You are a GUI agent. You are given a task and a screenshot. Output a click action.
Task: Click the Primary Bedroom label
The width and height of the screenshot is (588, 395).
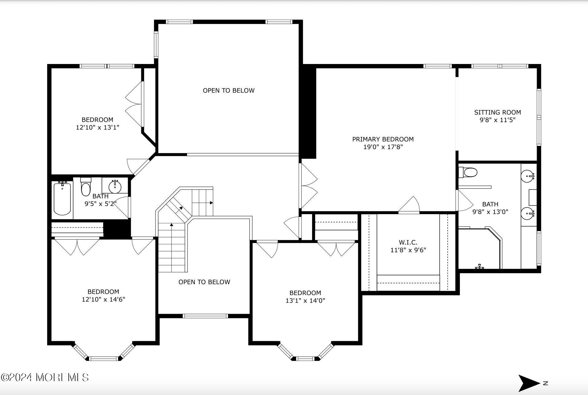[x=383, y=139]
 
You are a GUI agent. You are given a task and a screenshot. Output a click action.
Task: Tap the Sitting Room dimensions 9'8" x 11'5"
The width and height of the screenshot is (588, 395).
[x=497, y=120]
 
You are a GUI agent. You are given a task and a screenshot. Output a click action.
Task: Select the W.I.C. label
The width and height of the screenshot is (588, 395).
[x=408, y=242]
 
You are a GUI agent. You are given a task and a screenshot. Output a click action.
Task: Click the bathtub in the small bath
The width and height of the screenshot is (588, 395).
[x=62, y=198]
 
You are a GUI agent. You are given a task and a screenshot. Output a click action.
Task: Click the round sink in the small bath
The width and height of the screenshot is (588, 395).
[x=115, y=186]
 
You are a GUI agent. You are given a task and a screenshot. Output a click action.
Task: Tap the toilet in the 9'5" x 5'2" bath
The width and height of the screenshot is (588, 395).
[x=86, y=188]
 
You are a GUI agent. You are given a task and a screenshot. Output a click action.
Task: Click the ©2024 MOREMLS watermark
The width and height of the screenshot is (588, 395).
[x=45, y=377]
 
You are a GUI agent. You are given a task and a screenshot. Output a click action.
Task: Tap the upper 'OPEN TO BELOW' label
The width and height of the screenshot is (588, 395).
[x=229, y=90]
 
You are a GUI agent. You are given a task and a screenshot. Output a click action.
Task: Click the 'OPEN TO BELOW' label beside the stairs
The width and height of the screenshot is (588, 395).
[x=204, y=282]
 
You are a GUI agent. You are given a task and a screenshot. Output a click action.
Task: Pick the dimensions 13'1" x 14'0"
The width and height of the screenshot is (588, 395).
[x=305, y=301]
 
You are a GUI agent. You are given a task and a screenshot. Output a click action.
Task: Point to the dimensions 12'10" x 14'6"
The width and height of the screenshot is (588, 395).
[x=103, y=299]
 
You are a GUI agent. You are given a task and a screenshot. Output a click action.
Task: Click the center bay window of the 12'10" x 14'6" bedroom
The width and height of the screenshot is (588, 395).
[x=104, y=358]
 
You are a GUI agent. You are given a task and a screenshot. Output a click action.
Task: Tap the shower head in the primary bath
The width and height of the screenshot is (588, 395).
[x=479, y=267]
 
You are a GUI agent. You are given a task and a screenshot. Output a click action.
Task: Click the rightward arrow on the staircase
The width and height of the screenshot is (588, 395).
[x=211, y=203]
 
